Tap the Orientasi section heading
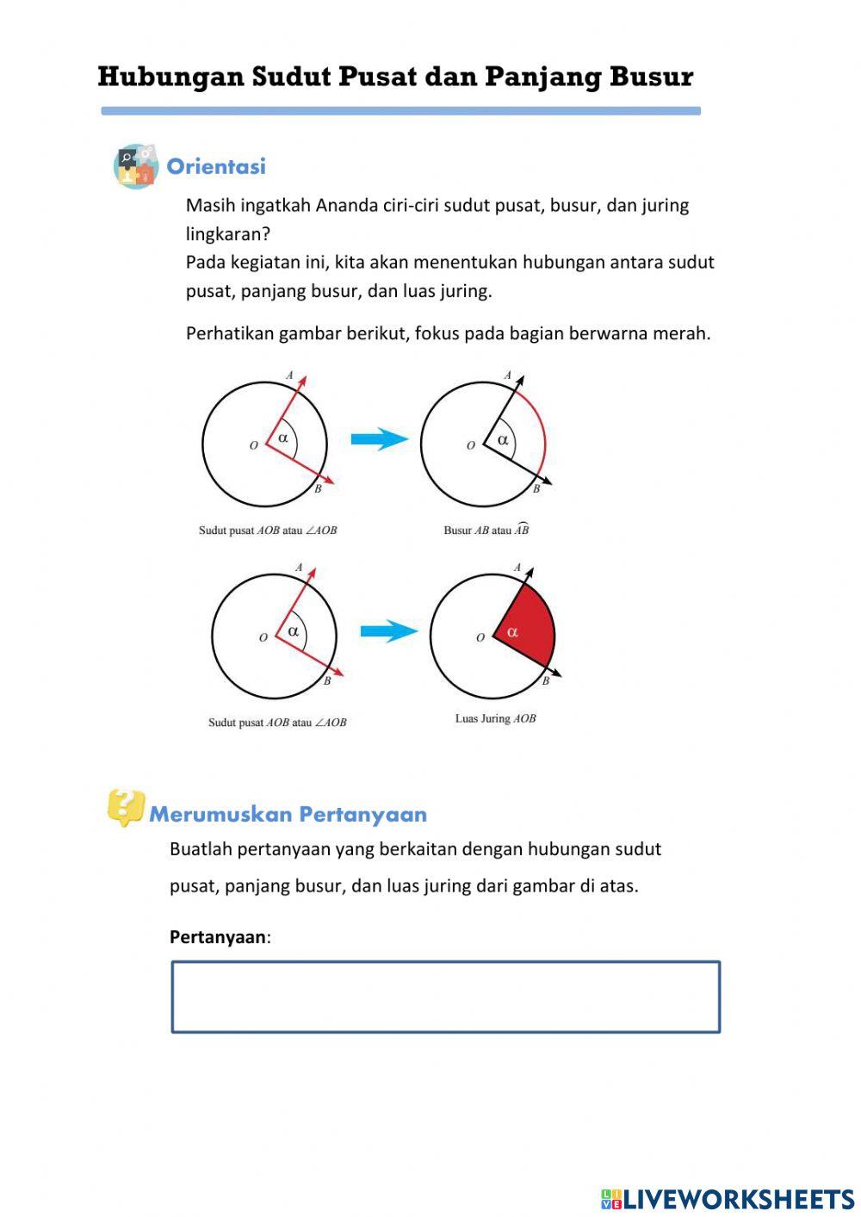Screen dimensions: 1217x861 pyautogui.click(x=216, y=166)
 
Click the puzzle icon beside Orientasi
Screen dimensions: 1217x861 pyautogui.click(x=136, y=166)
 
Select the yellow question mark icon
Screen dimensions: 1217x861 pyautogui.click(x=126, y=807)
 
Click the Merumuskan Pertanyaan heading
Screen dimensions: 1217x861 pyautogui.click(x=288, y=814)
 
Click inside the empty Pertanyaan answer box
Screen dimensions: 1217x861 pyautogui.click(x=445, y=997)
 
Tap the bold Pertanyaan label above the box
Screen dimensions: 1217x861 pyautogui.click(x=218, y=937)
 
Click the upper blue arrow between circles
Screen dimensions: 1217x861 pyautogui.click(x=379, y=439)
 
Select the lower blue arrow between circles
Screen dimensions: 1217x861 pyautogui.click(x=388, y=631)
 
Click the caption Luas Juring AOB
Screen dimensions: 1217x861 pyautogui.click(x=495, y=718)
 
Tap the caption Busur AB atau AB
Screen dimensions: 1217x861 pyautogui.click(x=486, y=531)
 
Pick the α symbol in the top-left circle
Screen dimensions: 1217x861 pyautogui.click(x=283, y=438)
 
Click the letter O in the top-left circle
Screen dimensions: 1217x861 pyautogui.click(x=253, y=445)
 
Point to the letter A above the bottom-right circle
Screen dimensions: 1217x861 pyautogui.click(x=517, y=568)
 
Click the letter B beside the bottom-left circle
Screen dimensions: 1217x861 pyautogui.click(x=327, y=681)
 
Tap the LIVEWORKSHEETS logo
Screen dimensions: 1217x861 pyautogui.click(x=728, y=1199)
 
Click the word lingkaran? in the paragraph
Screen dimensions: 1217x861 pyautogui.click(x=228, y=233)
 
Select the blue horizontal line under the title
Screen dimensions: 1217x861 pyautogui.click(x=400, y=111)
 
